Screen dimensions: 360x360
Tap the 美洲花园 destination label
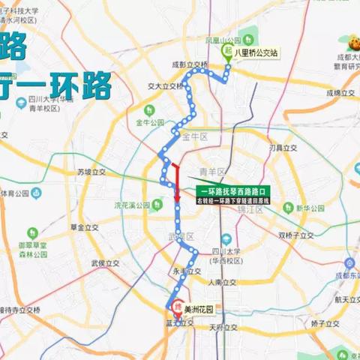196,306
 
